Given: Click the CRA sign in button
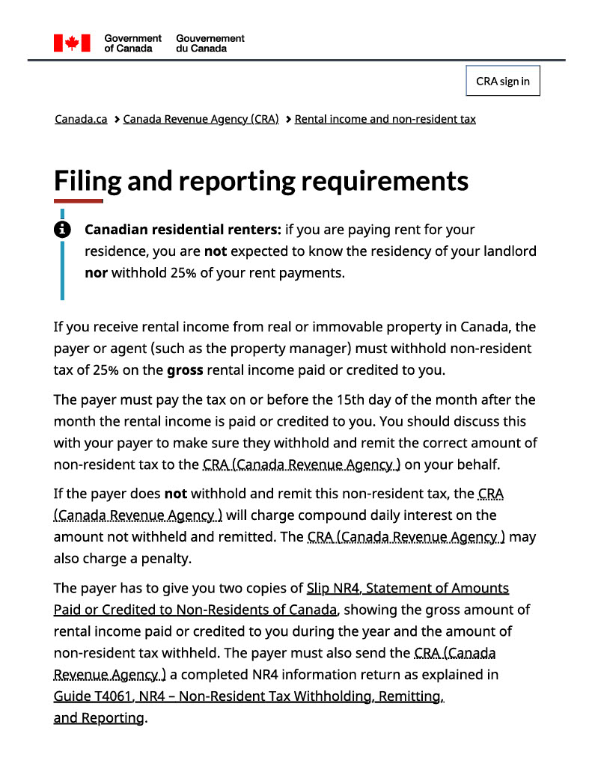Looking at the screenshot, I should [x=502, y=82].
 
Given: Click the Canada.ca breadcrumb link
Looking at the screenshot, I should [x=81, y=119].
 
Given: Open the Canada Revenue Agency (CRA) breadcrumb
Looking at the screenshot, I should [x=201, y=119].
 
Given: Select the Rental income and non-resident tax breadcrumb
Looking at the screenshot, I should [x=385, y=119].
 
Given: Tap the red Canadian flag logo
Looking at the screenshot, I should [x=72, y=43].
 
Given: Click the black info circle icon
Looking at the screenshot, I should [x=62, y=229].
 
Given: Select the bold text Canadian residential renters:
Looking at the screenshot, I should [x=183, y=230].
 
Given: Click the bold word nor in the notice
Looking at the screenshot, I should [x=96, y=273].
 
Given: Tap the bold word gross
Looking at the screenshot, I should [x=185, y=370].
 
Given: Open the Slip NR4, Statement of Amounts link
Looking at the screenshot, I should [x=408, y=588].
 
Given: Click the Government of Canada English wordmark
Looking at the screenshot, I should [x=132, y=43].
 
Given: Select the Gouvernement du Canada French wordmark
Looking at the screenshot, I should [x=210, y=43].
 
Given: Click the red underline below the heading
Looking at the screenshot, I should [x=78, y=201].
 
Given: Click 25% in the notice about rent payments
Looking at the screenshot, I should [x=183, y=273].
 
